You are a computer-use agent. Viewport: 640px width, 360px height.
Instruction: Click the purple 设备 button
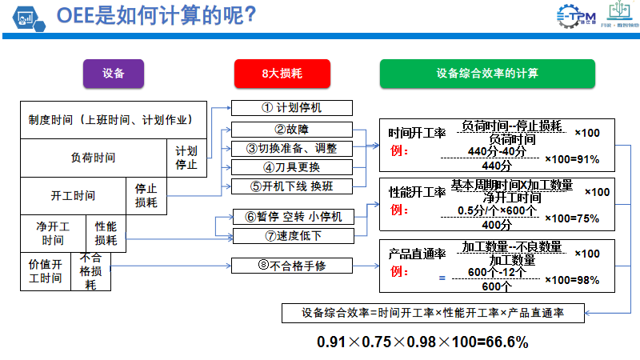(114, 74)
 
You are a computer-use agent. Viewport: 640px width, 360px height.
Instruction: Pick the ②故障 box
(291, 129)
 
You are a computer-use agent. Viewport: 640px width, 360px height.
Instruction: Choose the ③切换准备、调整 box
(291, 148)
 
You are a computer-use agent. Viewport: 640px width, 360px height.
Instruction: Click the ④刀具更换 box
(291, 167)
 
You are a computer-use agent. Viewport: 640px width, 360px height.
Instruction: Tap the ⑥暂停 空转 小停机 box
(291, 217)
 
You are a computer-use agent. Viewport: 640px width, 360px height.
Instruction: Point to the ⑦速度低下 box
(291, 236)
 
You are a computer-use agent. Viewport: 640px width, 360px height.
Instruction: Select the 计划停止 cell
(186, 158)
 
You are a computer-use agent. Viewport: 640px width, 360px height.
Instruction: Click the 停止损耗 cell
(146, 196)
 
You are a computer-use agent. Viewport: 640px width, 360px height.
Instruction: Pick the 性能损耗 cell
(106, 234)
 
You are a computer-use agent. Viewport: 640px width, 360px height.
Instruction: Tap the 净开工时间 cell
(53, 234)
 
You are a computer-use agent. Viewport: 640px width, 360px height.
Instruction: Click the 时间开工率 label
(417, 133)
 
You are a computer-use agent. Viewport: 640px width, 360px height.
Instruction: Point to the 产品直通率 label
(417, 254)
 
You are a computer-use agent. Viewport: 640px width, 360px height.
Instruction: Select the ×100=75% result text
(571, 218)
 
